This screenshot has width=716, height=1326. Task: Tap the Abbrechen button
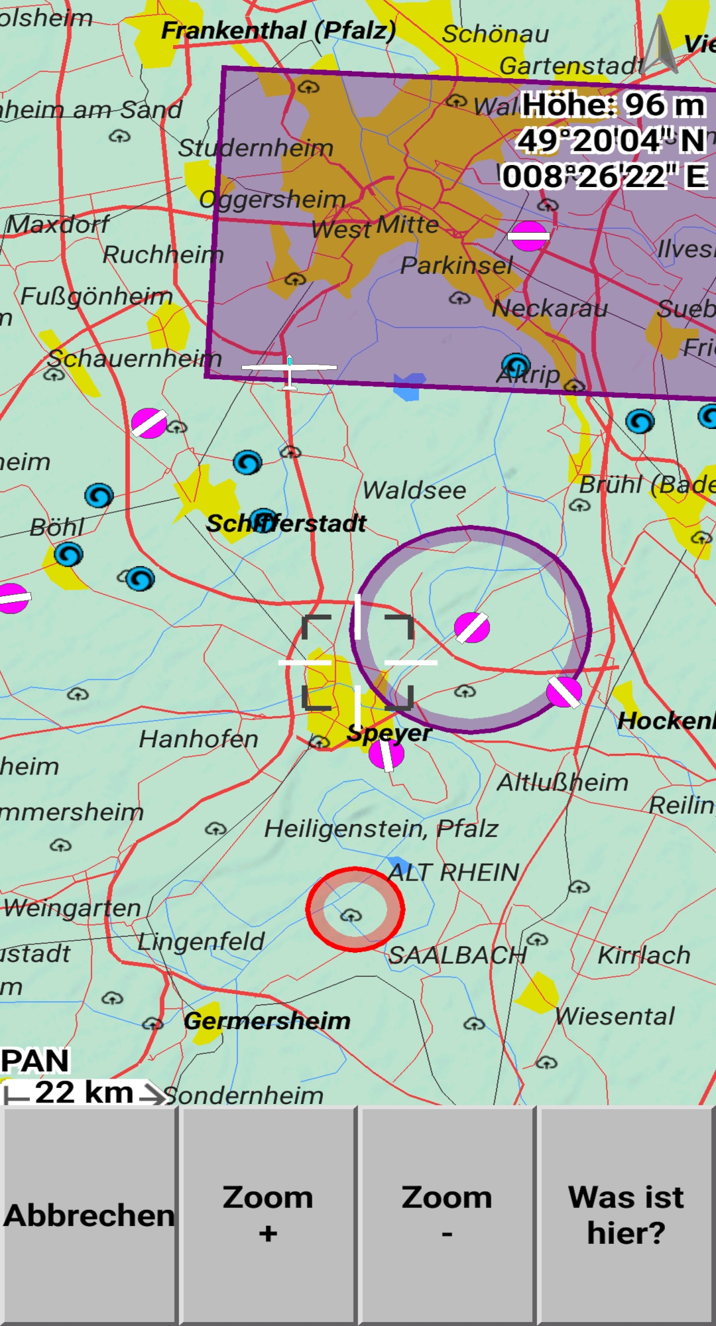[x=89, y=1215]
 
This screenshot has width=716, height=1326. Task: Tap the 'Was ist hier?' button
[x=626, y=1215]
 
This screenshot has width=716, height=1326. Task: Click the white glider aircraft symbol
[x=289, y=369]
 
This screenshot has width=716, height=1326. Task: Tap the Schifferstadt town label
[x=286, y=524]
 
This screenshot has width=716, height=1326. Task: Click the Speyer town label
[x=389, y=733]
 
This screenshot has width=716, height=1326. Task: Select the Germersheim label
[x=267, y=1021]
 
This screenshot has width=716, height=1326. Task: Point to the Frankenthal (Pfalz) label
[x=278, y=30]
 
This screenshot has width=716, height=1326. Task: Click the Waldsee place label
[x=414, y=491]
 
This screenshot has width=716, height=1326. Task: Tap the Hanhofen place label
[x=198, y=739]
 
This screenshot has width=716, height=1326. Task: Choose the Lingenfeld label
[x=201, y=941]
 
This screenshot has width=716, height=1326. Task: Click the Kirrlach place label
[x=644, y=955]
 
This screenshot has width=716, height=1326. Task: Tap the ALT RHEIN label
[x=453, y=873]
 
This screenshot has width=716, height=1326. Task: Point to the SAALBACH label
[x=457, y=955]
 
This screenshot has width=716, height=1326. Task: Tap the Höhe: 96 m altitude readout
[x=613, y=105]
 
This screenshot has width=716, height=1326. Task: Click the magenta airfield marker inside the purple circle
[x=472, y=627]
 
